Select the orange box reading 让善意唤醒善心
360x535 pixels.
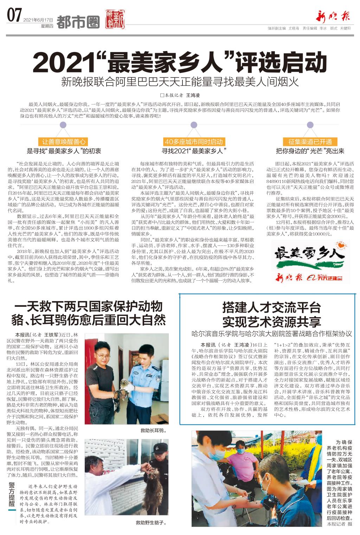point(64,142)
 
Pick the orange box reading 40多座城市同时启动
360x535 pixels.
point(194,142)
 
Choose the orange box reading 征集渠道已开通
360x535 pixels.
point(310,142)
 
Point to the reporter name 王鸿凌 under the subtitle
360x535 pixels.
point(193,95)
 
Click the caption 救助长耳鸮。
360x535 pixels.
point(153,430)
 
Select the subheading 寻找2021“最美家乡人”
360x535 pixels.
point(194,151)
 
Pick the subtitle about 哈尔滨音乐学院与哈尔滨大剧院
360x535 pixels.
point(271,333)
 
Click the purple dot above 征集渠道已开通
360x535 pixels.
point(310,125)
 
